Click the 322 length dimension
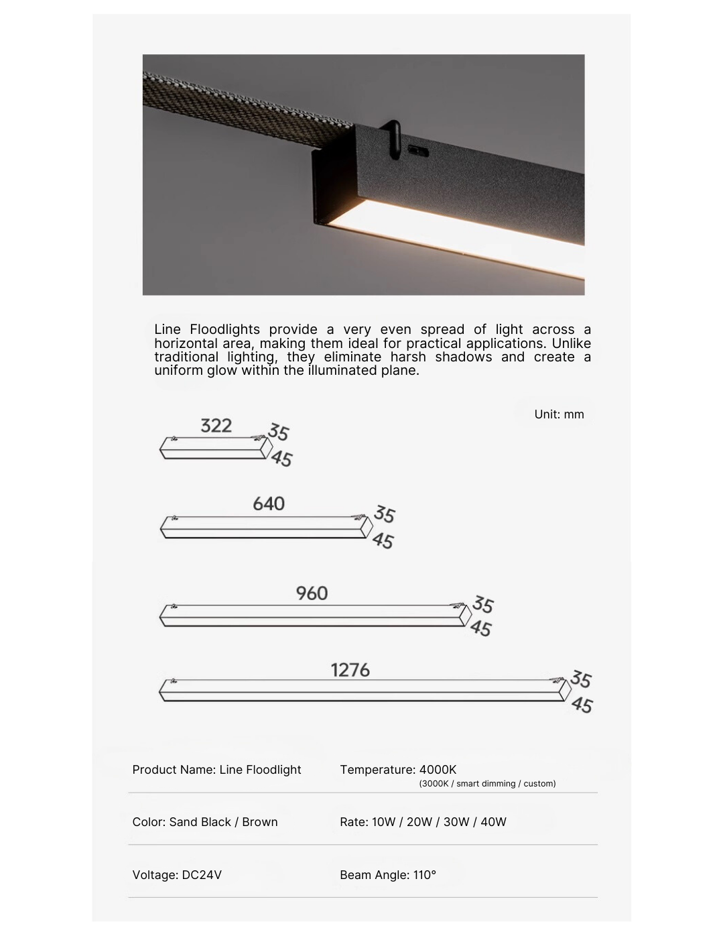tap(216, 426)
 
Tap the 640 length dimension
tap(269, 504)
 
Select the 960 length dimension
tap(312, 593)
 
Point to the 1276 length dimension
tap(350, 670)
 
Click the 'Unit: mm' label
tap(559, 414)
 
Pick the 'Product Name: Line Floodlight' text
tap(216, 770)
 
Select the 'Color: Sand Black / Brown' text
tap(205, 822)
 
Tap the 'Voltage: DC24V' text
tap(177, 875)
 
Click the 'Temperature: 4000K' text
tap(398, 770)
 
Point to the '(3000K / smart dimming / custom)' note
tap(487, 784)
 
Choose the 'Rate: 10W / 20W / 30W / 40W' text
tap(423, 822)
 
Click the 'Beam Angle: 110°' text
tap(388, 875)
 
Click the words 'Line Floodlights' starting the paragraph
tap(207, 329)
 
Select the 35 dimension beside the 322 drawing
tap(278, 432)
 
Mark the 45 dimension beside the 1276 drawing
tap(582, 705)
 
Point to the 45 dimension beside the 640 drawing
tap(383, 540)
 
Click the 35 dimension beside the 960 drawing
tap(482, 605)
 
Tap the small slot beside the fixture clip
tap(419, 150)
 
